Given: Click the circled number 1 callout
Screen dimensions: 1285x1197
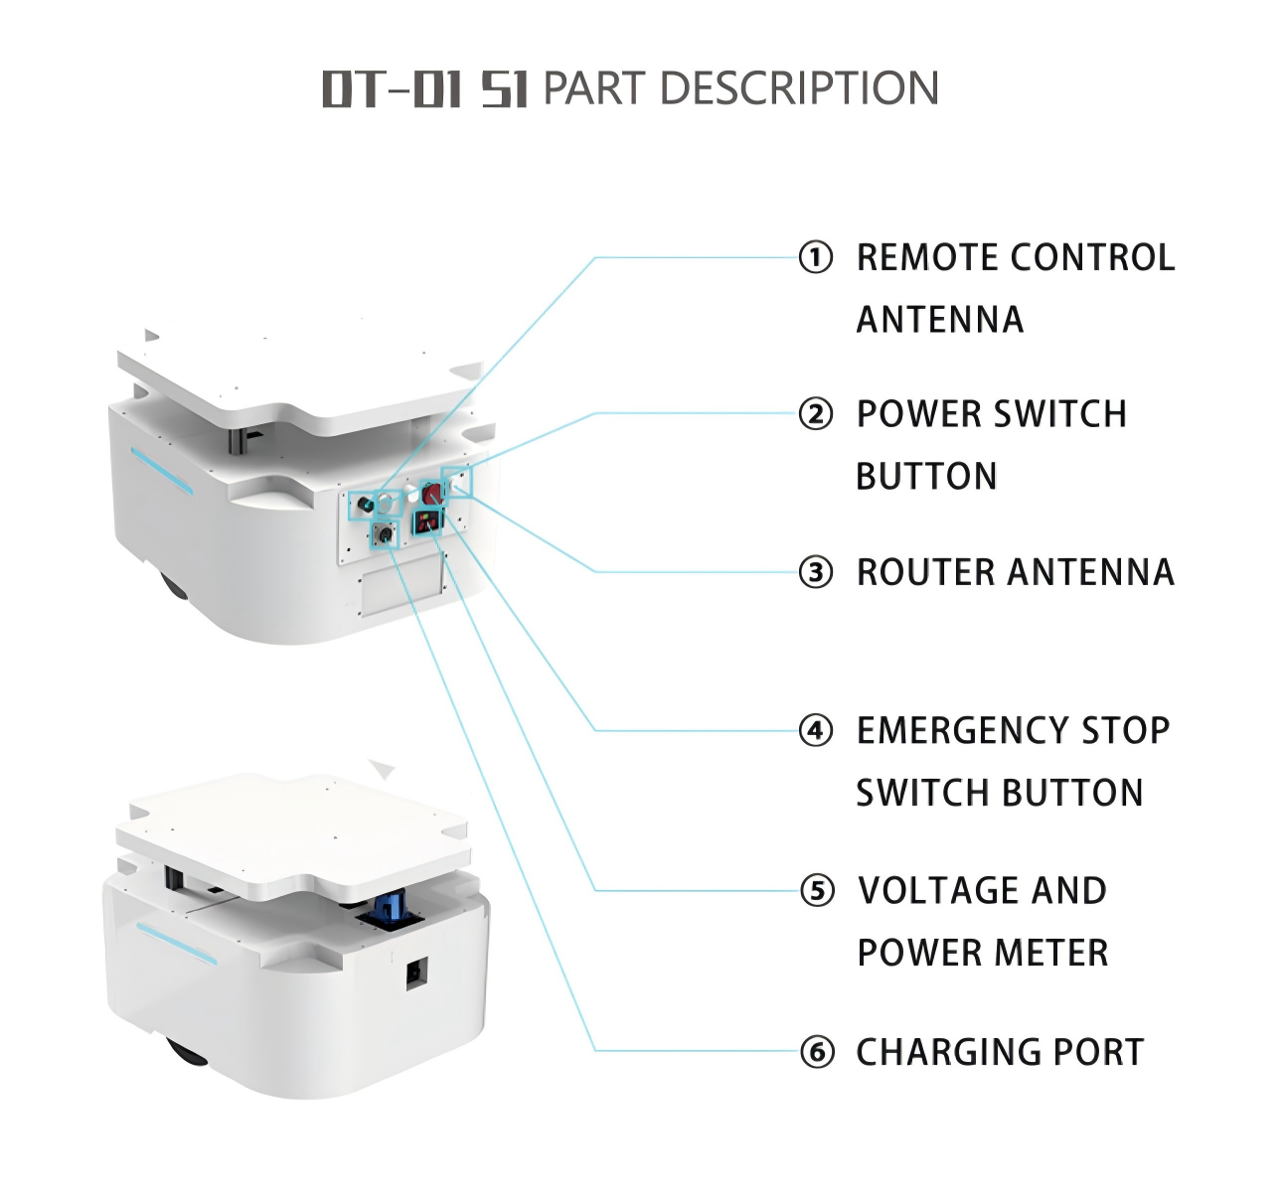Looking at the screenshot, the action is point(816,257).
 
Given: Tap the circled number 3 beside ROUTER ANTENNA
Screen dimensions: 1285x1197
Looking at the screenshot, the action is point(816,572).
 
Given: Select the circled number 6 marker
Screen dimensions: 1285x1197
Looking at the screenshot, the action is point(817,1051).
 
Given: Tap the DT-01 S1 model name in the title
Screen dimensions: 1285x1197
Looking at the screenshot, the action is point(425,88).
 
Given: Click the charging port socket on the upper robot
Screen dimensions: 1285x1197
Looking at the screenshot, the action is point(383,534).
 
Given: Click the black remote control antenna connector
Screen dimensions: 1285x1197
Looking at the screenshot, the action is point(366,504).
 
